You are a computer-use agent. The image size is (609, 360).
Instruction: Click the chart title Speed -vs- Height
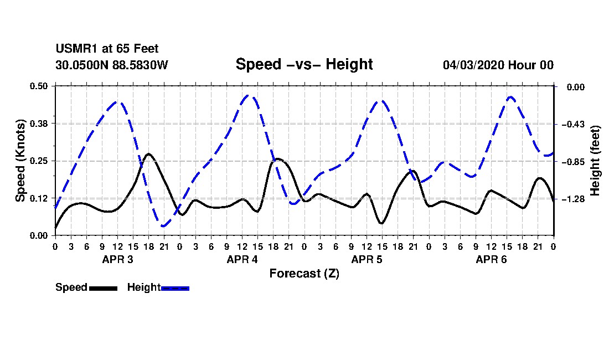[304, 64]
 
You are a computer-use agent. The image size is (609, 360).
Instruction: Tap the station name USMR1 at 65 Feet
[107, 49]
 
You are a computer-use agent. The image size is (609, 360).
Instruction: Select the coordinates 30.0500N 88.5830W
[111, 65]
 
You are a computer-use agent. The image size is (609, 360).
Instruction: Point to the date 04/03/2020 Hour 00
[498, 65]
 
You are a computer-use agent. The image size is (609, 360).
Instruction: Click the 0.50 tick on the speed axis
[38, 86]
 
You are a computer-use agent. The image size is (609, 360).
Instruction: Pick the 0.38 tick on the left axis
[38, 124]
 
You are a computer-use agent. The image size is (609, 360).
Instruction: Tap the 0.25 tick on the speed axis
[38, 161]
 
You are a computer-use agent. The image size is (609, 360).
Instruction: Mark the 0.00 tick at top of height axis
[576, 87]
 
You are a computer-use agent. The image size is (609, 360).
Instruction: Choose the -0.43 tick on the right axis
[573, 124]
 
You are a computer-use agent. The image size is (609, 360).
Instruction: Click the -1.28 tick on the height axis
[573, 199]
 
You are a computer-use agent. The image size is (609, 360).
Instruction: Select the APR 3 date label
[118, 259]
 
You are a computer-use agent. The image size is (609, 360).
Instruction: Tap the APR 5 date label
[367, 259]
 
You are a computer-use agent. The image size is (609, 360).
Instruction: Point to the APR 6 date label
[491, 259]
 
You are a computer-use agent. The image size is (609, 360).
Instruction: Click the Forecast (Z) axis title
[304, 274]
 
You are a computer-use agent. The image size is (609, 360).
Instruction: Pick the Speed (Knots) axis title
[20, 161]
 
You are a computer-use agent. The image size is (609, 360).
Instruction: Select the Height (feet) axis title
[595, 161]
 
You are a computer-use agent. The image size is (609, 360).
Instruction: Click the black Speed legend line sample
[103, 288]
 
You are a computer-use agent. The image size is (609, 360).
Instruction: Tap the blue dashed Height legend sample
[175, 288]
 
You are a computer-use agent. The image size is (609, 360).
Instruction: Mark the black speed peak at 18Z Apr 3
[148, 154]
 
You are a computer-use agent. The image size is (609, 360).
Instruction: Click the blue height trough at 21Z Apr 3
[163, 225]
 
